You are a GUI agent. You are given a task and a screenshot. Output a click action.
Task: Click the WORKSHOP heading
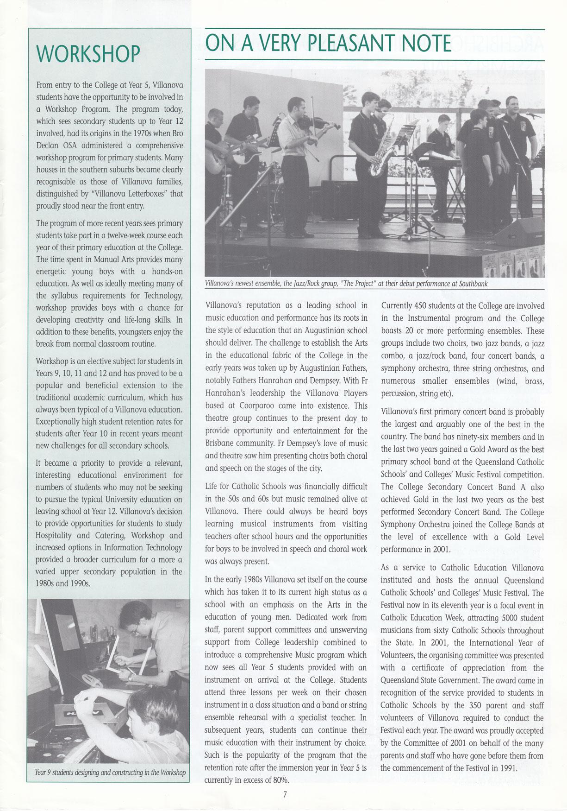coord(88,54)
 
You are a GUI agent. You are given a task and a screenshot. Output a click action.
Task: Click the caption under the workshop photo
coord(110,773)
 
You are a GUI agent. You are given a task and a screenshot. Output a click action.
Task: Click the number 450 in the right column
coord(420,306)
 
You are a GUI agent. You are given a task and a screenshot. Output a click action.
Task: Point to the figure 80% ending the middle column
coord(281,780)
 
